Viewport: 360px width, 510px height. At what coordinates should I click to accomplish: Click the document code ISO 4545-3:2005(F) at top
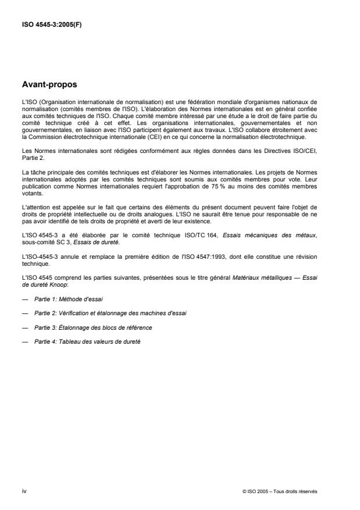[x=52, y=25]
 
